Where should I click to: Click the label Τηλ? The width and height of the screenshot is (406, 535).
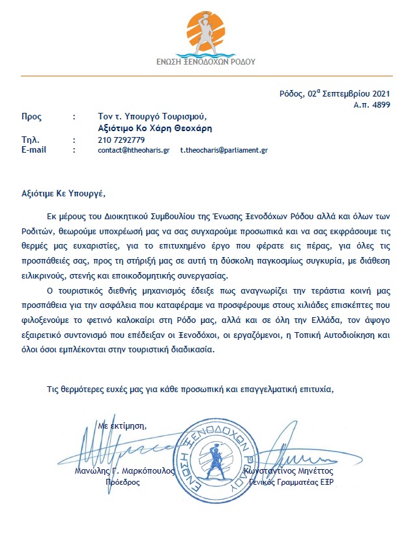[30, 140]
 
